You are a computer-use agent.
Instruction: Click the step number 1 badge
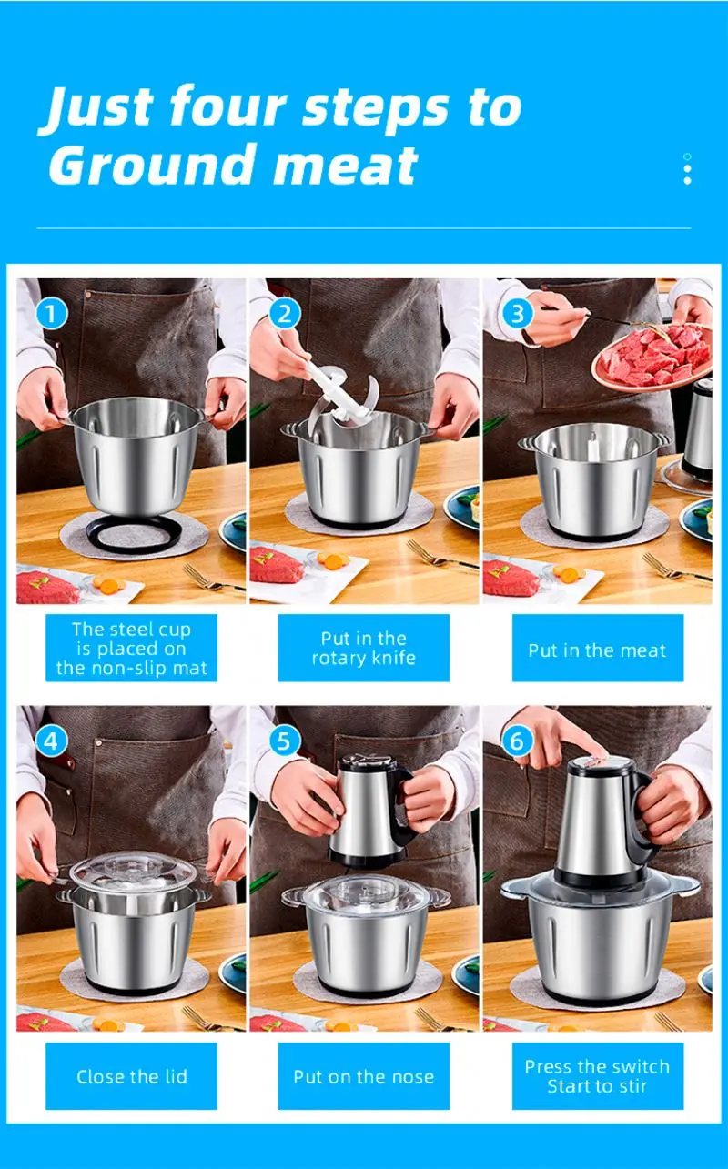coord(51,314)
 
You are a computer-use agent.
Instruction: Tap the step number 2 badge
coord(285,314)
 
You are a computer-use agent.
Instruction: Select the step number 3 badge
coord(517,314)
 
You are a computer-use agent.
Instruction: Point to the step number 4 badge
coord(51,741)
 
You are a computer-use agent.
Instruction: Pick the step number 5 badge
coord(285,741)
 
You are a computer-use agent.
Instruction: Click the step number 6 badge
coord(517,741)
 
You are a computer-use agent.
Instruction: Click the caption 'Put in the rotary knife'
coord(364,648)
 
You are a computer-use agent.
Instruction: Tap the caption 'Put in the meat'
coord(598,650)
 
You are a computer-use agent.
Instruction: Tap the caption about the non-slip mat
coord(132,649)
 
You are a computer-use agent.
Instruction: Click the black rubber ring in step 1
coord(134,534)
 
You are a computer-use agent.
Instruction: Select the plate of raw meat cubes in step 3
coord(652,357)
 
